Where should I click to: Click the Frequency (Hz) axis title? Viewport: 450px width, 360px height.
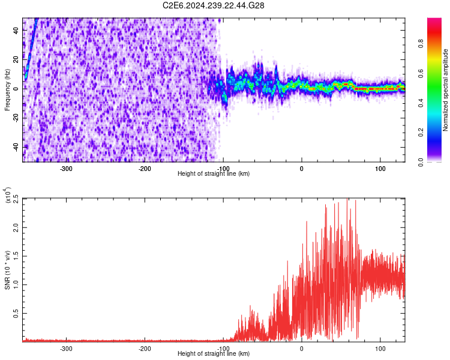pos(7,89)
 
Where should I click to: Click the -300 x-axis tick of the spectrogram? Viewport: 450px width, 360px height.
pos(66,169)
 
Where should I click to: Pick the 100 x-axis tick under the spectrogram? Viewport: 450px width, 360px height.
pos(380,169)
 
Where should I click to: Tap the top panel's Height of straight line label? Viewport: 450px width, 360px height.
pos(214,174)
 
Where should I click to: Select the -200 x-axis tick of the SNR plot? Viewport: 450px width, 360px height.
pos(145,349)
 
